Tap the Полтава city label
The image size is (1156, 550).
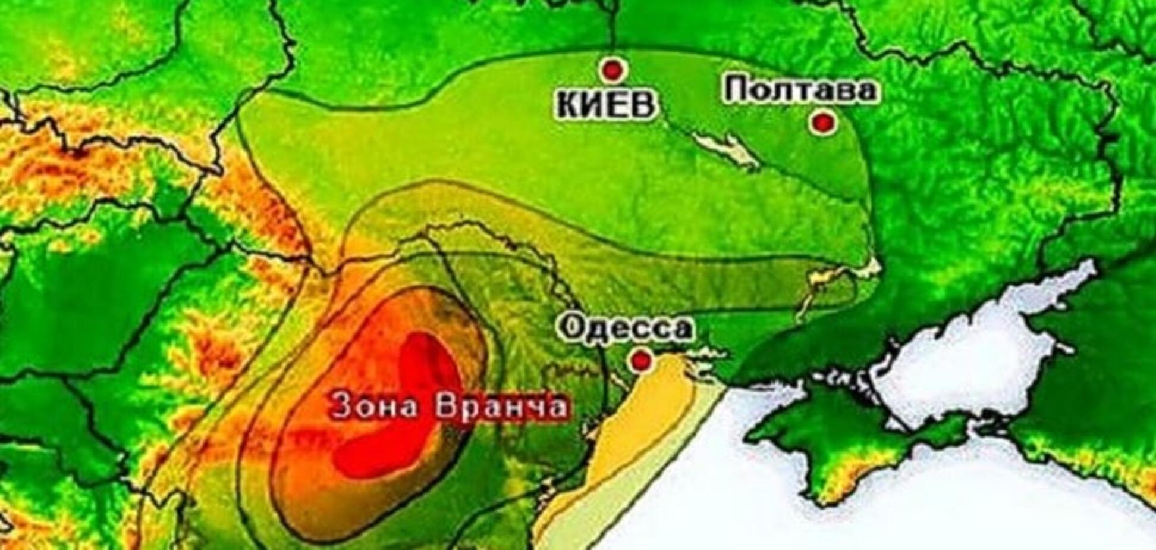[x=801, y=90]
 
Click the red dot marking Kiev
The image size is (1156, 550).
[x=612, y=70]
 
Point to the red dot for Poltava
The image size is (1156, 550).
[x=824, y=123]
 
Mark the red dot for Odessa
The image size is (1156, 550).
[x=640, y=360]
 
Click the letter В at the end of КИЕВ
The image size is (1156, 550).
[x=645, y=105]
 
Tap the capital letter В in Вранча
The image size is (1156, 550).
[x=447, y=407]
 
